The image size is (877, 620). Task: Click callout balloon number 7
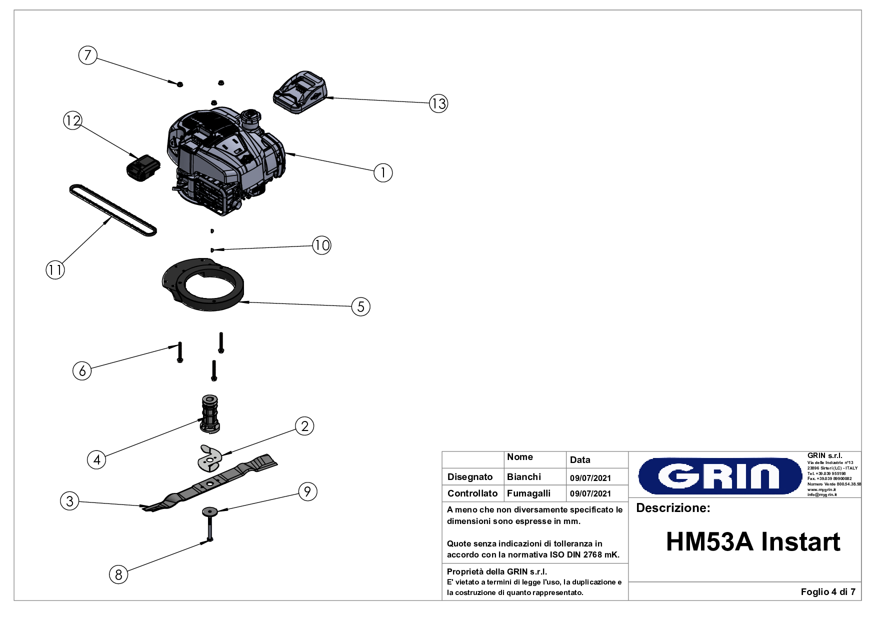pos(88,55)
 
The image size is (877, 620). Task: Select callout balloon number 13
pos(438,103)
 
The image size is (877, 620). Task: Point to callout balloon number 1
pos(383,173)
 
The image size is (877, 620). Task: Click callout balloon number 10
pos(321,245)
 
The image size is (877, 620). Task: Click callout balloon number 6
pos(82,370)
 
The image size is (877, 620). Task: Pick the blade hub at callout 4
pos(210,413)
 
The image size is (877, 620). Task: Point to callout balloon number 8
pos(118,574)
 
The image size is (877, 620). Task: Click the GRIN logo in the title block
pos(720,475)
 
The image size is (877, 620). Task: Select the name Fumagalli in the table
pos(528,493)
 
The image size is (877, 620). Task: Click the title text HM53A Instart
pos(753,542)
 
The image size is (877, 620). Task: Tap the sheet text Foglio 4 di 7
pos(827,592)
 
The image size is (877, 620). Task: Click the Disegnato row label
pos(470,477)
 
